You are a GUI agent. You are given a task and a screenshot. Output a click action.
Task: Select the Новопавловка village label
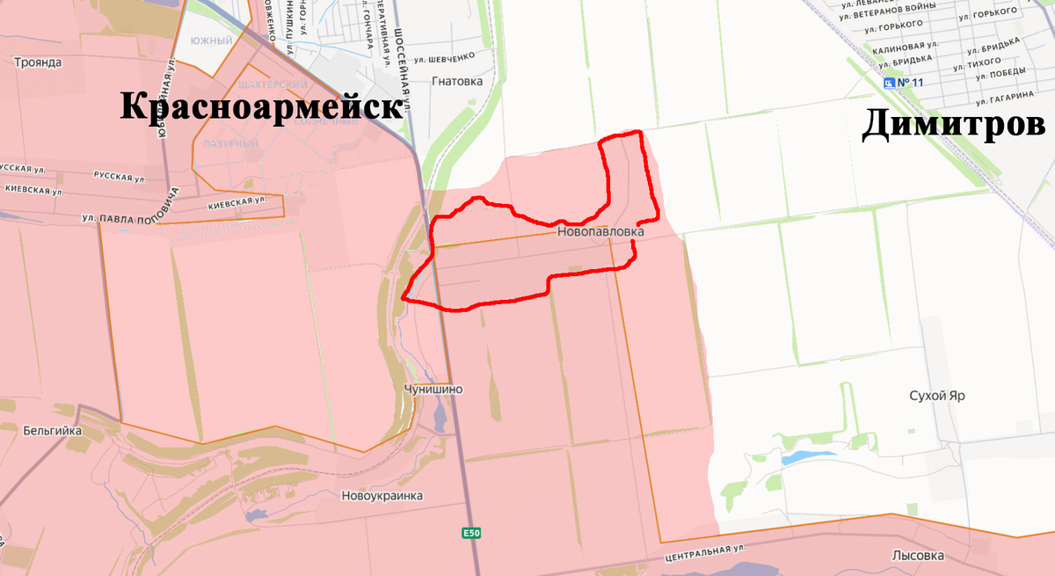(600, 232)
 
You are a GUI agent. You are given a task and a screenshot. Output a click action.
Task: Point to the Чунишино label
(433, 389)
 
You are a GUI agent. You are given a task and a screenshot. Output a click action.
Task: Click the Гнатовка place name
(458, 81)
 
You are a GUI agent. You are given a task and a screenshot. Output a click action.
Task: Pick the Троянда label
(38, 62)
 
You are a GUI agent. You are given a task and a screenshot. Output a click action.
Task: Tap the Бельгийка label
(54, 431)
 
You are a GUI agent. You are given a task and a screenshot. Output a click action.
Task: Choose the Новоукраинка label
(382, 495)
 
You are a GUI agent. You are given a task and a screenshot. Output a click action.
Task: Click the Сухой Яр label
(937, 396)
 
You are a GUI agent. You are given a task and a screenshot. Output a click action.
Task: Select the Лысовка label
(918, 556)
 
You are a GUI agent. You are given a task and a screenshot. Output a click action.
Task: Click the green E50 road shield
(472, 533)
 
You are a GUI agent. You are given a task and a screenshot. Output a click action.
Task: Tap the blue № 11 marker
(906, 83)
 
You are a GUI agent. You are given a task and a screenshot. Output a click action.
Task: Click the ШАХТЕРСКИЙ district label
(273, 84)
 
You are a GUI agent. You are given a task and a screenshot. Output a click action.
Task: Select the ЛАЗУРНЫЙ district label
(230, 142)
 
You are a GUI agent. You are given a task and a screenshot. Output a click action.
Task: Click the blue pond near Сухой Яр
(800, 457)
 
